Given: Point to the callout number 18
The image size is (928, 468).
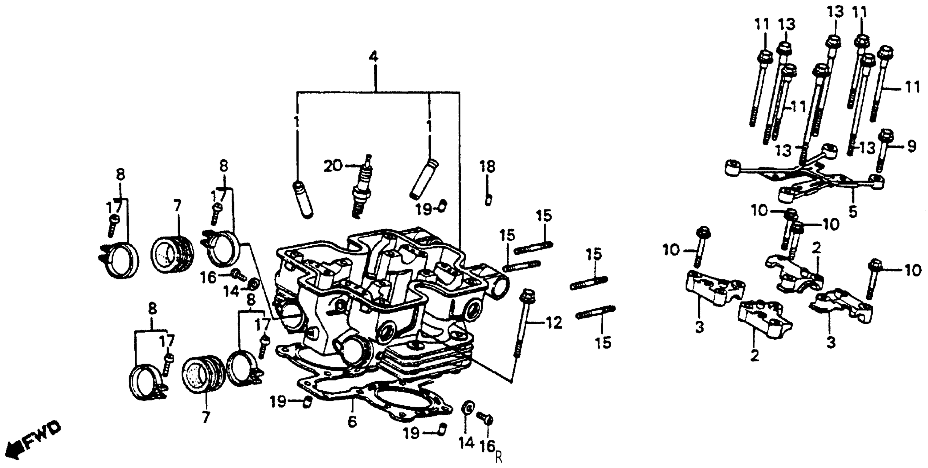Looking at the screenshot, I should click(487, 167).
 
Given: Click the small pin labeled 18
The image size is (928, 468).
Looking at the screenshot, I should click(488, 198).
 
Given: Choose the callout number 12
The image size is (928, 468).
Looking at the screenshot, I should click(554, 323).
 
